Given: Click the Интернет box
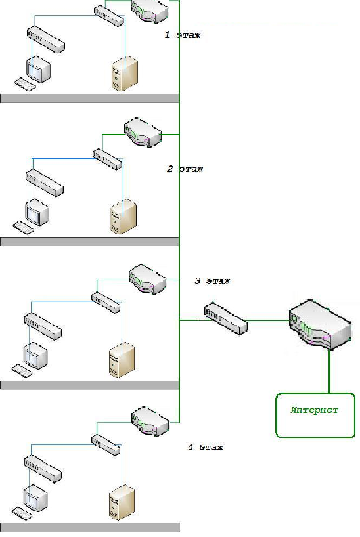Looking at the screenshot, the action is [315, 415].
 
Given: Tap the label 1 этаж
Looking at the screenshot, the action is [183, 35].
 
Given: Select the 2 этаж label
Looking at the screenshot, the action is [185, 169].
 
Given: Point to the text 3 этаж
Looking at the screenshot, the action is [212, 281].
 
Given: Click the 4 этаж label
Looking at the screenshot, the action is [206, 447].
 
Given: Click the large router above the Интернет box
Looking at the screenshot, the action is [320, 324].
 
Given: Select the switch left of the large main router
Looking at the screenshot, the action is [226, 318].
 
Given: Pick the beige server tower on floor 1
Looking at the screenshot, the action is [125, 73].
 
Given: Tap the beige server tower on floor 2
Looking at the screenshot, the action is [124, 217].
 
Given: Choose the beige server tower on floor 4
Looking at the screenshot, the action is [122, 502].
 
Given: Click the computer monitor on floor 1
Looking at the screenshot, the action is [39, 69].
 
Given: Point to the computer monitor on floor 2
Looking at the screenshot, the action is [37, 213].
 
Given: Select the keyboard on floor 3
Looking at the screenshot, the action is [22, 370].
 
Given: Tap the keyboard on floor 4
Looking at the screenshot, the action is [22, 513].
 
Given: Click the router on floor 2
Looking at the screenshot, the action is [143, 132].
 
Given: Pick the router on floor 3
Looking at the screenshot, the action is [148, 279].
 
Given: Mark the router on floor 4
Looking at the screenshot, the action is [150, 421].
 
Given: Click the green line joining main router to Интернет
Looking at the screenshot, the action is [329, 371].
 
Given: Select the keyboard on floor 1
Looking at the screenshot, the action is [25, 84].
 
